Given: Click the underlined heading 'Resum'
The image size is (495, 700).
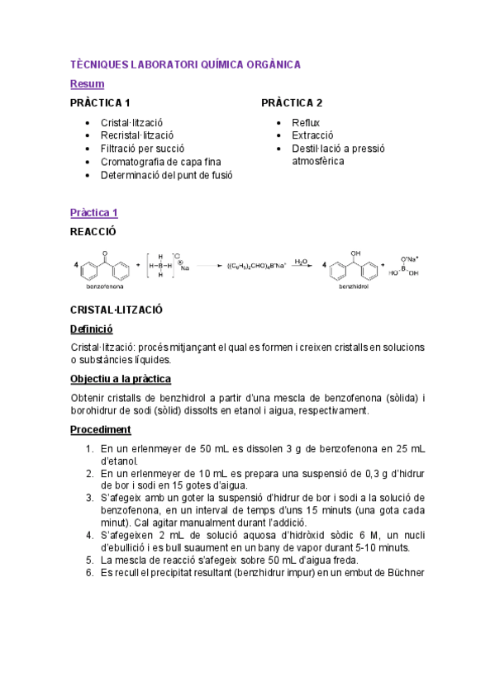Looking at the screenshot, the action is tap(87, 83).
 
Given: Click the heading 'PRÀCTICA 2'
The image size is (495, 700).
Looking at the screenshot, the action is tap(291, 103).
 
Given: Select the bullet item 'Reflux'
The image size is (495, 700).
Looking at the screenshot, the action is tap(305, 123).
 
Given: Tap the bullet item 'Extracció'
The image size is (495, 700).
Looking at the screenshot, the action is tap(312, 135).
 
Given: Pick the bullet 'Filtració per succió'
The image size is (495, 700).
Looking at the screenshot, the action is tap(143, 149).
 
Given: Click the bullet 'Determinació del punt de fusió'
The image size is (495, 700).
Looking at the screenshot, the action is tap(166, 175).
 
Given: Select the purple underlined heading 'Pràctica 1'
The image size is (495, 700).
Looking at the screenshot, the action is tap(93, 213).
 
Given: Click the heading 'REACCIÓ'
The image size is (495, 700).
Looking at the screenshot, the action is tap(93, 232).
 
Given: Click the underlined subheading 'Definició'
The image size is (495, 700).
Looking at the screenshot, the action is tap(90, 329).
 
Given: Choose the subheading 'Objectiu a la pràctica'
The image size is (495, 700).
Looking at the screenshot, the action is tap(120, 379).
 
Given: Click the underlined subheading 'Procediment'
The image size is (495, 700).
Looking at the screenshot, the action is tap(100, 429).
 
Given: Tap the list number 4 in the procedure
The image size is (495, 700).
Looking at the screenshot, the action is tap(90, 535).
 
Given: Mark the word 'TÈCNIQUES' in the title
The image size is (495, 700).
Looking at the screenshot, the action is tap(98, 64).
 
